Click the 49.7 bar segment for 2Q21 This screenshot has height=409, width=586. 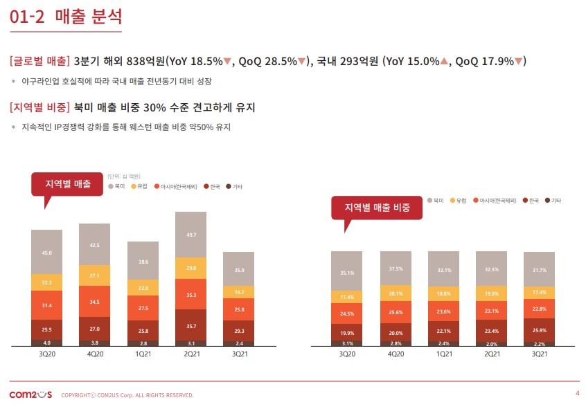(190, 235)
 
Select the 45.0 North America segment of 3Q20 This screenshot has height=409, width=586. (47, 253)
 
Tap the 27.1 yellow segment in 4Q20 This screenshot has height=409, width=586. (95, 275)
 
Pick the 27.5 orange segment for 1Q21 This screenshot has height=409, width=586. (143, 308)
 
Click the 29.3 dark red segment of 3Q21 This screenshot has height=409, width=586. (239, 331)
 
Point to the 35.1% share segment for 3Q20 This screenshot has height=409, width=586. (347, 273)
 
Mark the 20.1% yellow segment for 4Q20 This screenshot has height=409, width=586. (396, 293)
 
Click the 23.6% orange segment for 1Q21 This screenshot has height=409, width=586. (444, 311)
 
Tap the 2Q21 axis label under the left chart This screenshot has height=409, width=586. (190, 354)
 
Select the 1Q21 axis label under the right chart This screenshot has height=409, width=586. (444, 354)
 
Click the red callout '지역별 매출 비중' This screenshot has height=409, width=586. (377, 207)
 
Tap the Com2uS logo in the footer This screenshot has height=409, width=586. (30, 394)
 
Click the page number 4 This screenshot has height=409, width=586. (577, 394)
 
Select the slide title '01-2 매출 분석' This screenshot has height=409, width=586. (66, 17)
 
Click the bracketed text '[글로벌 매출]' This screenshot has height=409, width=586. (40, 61)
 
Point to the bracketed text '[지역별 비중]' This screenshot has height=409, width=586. (40, 107)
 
